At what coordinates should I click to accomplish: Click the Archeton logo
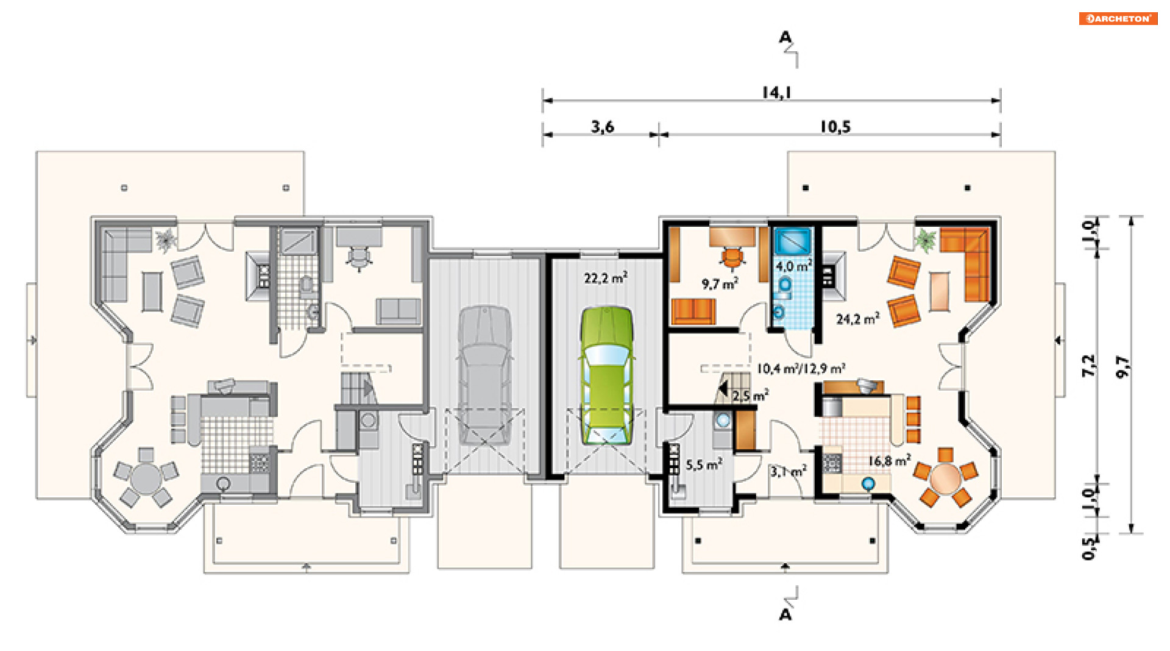[x=1118, y=18]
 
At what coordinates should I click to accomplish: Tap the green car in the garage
[x=606, y=375]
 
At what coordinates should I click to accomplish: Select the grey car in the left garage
[x=484, y=375]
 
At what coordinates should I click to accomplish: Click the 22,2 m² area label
[x=606, y=278]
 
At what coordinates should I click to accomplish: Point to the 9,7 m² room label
[x=720, y=283]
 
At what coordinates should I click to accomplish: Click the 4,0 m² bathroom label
[x=793, y=266]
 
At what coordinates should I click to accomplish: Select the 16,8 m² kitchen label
[x=890, y=461]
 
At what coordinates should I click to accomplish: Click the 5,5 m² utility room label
[x=704, y=464]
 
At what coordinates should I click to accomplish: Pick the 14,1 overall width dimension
[x=776, y=92]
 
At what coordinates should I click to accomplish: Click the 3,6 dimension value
[x=602, y=127]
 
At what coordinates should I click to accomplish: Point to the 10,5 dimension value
[x=835, y=127]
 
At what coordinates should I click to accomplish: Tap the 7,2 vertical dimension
[x=1089, y=366]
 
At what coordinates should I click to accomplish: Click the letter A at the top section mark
[x=785, y=38]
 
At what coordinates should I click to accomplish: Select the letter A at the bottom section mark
[x=785, y=614]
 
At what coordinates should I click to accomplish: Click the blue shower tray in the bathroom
[x=793, y=241]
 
